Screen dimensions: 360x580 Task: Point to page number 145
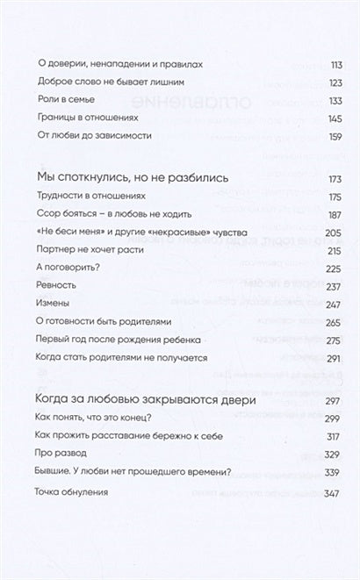click(x=309, y=118)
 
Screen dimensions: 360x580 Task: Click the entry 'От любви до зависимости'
click(x=97, y=136)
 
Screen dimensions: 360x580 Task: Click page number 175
click(x=309, y=197)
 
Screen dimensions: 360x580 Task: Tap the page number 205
click(x=309, y=232)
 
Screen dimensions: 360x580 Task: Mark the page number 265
click(x=309, y=321)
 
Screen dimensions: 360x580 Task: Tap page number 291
click(x=309, y=357)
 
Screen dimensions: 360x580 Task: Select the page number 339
click(x=309, y=472)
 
